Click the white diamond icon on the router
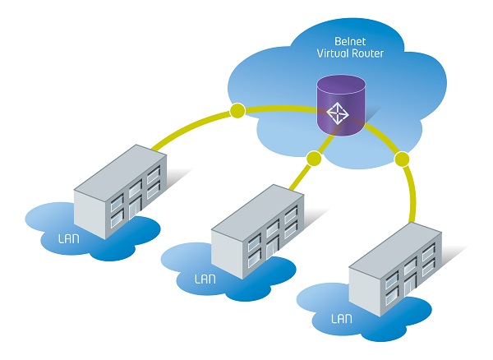(338, 113)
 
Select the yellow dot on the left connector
(238, 109)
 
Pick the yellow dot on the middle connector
(312, 157)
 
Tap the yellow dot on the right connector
(402, 157)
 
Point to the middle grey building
(255, 235)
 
